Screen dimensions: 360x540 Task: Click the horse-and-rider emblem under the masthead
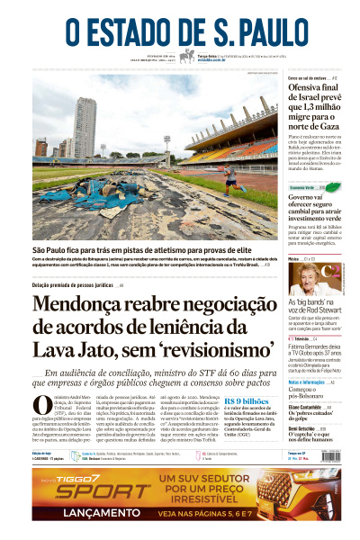(188, 56)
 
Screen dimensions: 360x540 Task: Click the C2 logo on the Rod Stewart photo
(333, 271)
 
